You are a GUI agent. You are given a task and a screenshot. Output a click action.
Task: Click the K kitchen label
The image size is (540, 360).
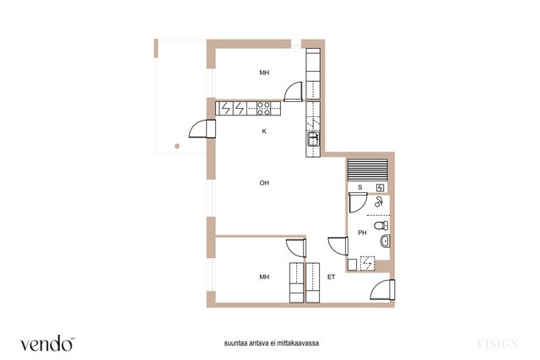(x=264, y=132)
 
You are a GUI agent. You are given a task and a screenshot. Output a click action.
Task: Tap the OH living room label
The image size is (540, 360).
(x=264, y=183)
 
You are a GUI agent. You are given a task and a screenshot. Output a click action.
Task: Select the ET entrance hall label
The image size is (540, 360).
(x=331, y=277)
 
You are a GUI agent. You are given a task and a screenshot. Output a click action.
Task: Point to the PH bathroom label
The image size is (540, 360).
(x=362, y=233)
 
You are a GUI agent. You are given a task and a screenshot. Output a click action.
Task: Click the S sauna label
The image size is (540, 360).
(x=360, y=187)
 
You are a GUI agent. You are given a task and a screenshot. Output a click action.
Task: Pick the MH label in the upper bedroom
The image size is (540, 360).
(x=264, y=73)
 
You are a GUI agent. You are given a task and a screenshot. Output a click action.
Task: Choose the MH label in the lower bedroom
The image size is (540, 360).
(x=264, y=277)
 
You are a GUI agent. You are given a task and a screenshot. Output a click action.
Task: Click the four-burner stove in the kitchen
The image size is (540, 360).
(x=264, y=109)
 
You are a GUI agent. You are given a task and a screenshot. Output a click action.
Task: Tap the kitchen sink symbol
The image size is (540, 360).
(x=313, y=139)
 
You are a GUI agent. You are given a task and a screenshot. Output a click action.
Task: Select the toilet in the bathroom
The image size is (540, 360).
(x=381, y=226)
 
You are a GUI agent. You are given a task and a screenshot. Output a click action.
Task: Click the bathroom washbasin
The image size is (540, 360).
(x=385, y=241)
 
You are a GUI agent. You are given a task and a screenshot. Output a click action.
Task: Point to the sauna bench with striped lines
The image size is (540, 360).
(x=368, y=169)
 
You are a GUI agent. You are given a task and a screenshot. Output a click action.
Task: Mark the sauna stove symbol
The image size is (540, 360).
(x=380, y=187)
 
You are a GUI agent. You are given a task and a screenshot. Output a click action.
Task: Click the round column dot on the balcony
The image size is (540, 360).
(x=177, y=146)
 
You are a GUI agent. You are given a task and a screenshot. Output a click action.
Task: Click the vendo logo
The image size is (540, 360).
(x=47, y=343)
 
